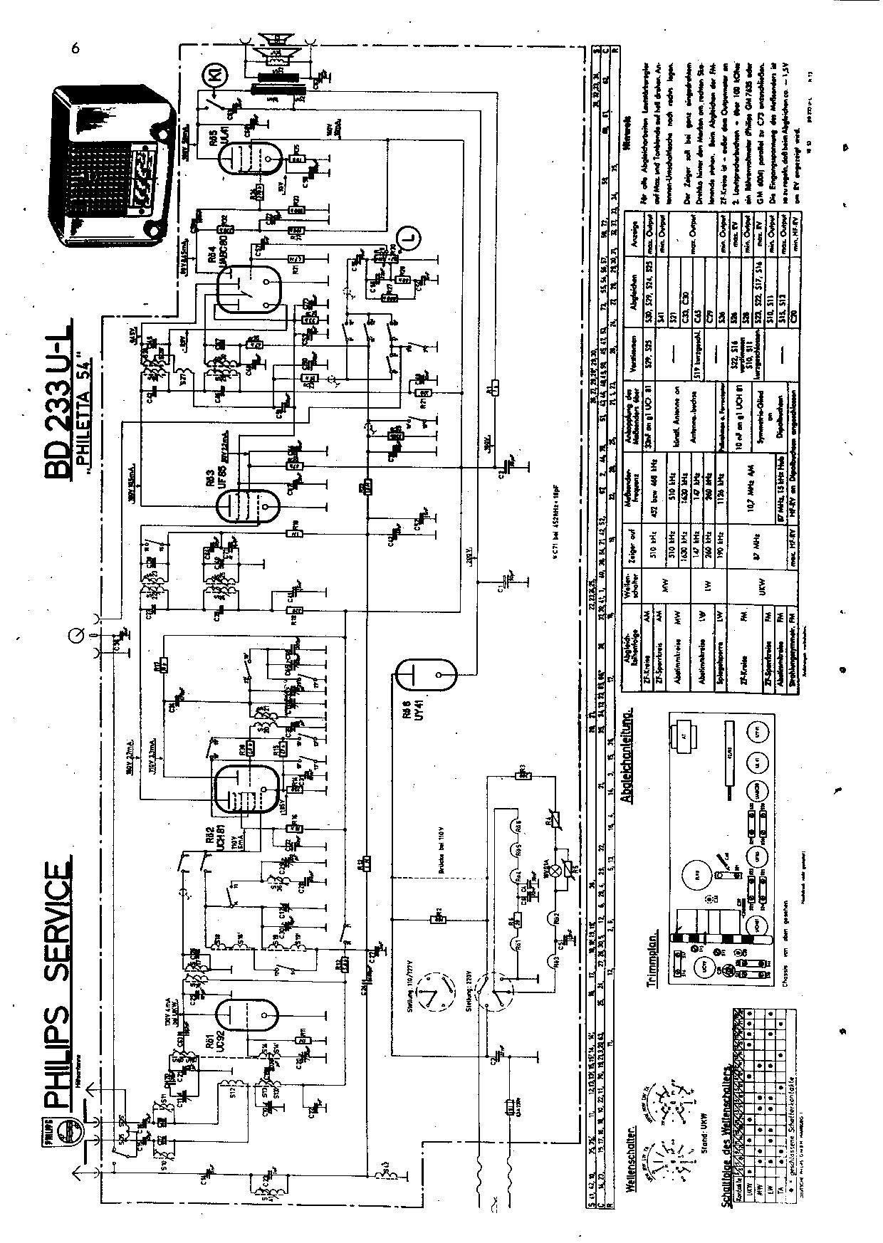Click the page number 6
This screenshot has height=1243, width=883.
(x=74, y=48)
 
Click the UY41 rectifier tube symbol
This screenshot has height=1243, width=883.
(x=427, y=674)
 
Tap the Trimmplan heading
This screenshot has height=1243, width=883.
(x=652, y=947)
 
